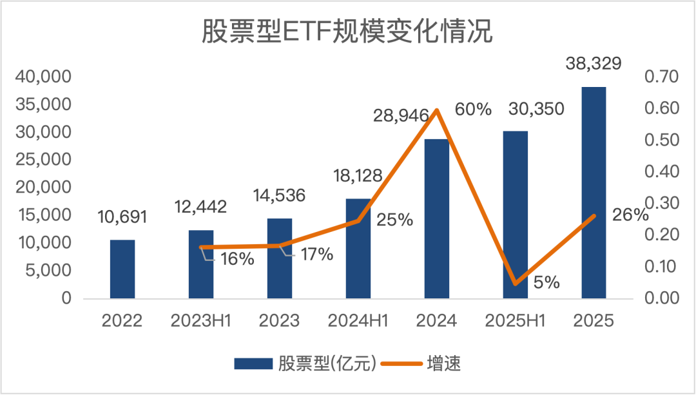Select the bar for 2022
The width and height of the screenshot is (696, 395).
(122, 269)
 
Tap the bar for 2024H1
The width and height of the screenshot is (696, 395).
(358, 248)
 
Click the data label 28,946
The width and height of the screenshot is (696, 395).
(401, 117)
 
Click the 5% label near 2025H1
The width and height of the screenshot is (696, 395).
(546, 282)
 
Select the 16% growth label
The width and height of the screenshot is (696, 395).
(237, 259)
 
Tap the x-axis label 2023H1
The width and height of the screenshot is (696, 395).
(201, 321)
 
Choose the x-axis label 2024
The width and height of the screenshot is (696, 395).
(437, 321)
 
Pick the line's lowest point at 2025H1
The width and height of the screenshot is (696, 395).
(516, 284)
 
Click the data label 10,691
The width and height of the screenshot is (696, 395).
(122, 217)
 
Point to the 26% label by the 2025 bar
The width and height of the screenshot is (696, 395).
(630, 215)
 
